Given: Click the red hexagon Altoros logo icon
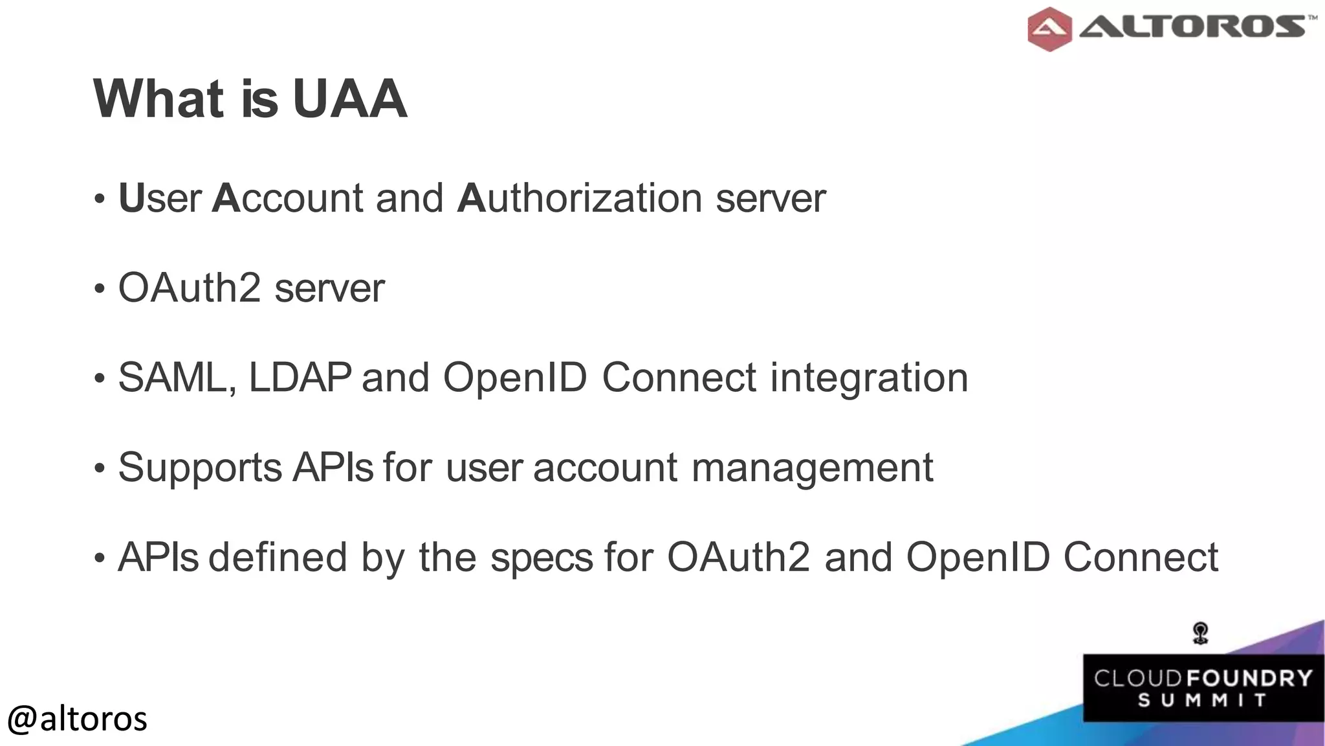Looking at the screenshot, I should [x=1049, y=28].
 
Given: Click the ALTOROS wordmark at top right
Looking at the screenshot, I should [x=1192, y=27].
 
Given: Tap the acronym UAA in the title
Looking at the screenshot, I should [x=349, y=99].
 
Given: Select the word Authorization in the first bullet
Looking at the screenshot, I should [x=579, y=198].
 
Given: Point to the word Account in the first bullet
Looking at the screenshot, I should [x=287, y=198].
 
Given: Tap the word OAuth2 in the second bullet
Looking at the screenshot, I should [x=189, y=288].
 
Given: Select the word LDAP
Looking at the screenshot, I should [x=300, y=378].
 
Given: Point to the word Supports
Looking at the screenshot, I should [x=200, y=468].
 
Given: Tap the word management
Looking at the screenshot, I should [x=812, y=468].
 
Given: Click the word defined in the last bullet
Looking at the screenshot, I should [x=278, y=557].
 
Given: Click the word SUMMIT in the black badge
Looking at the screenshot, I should [x=1202, y=701].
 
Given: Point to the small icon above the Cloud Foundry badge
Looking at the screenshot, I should [x=1201, y=633].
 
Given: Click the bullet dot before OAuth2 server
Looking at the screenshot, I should [x=99, y=289].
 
